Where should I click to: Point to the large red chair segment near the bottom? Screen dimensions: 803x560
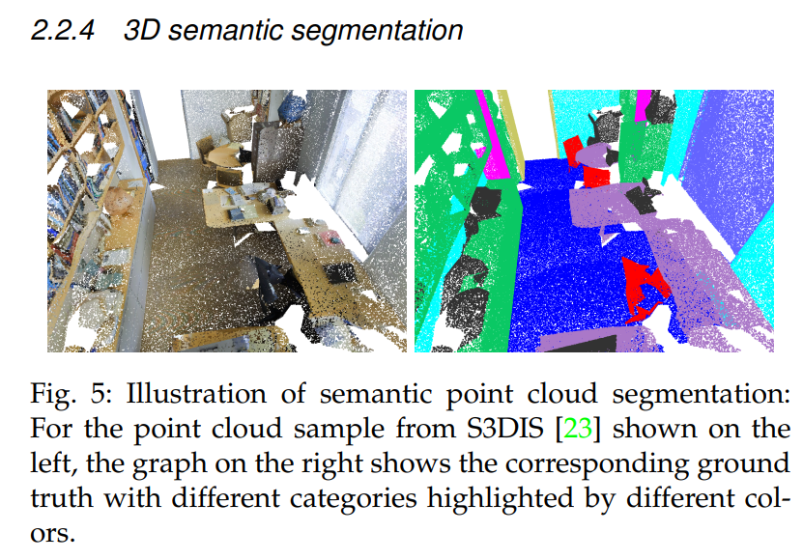(645, 289)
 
